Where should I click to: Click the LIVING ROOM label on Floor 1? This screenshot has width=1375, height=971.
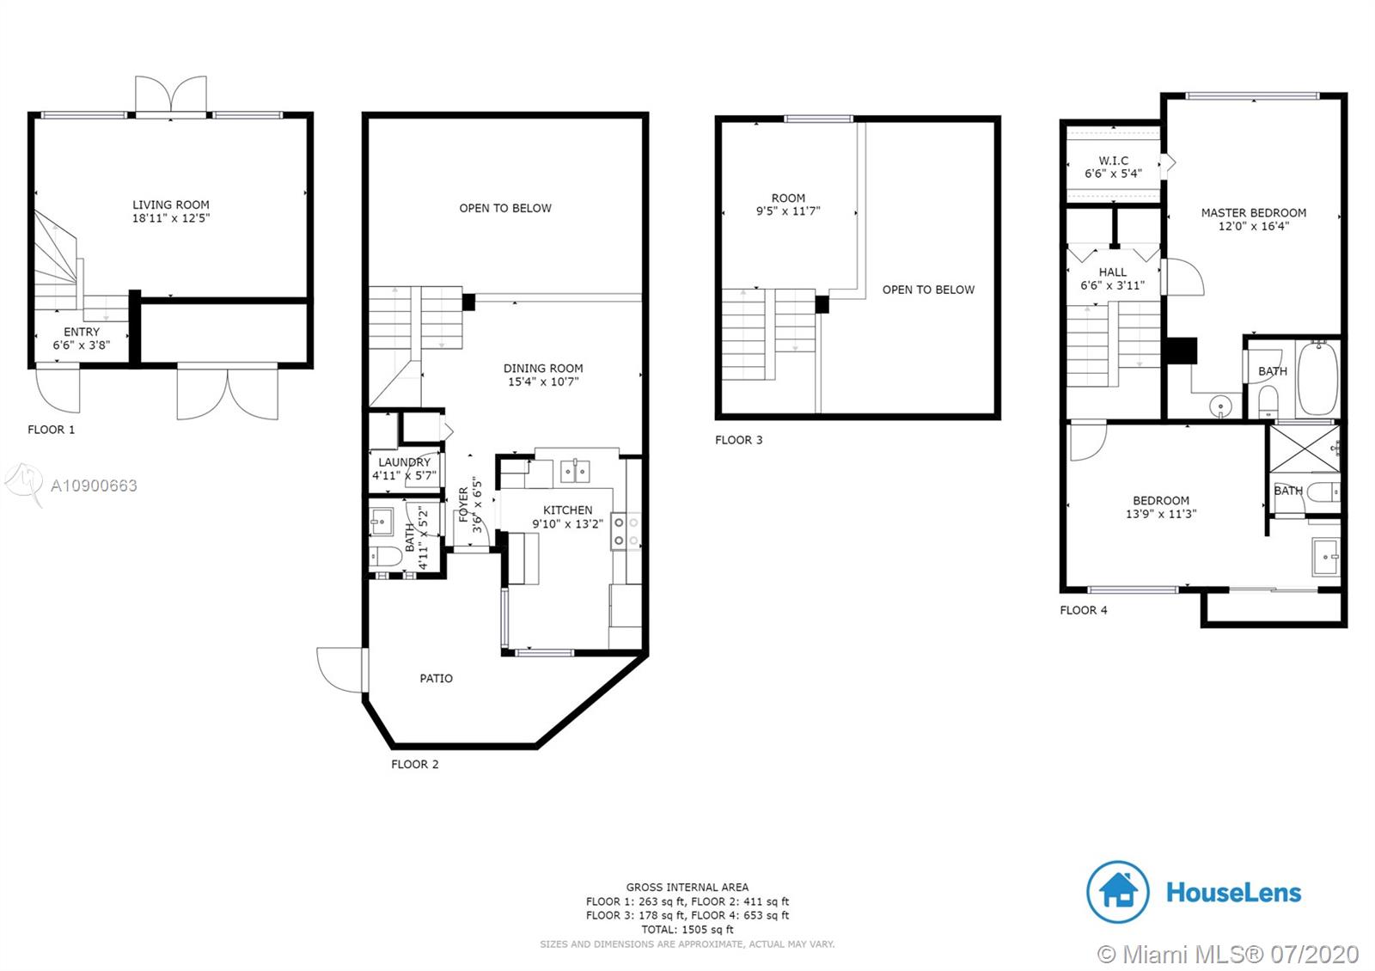[x=171, y=205]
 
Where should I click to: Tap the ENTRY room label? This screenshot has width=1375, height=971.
[x=82, y=332]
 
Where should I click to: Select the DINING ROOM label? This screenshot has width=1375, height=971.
[x=543, y=369]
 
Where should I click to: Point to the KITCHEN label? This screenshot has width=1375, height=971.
[x=568, y=510]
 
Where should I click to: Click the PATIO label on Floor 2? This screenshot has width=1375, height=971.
[x=437, y=678]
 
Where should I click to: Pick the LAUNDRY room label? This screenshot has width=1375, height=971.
[x=405, y=462]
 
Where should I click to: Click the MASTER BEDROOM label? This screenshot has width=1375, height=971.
[x=1254, y=213]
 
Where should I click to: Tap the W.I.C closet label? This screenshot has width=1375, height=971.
[x=1114, y=161]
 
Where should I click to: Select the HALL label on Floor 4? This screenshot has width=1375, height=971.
[x=1112, y=272]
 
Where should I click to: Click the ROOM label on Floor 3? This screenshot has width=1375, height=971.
[x=788, y=198]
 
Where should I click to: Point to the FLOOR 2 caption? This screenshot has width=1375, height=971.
[x=415, y=764]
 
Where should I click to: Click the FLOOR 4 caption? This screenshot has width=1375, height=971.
[x=1084, y=610]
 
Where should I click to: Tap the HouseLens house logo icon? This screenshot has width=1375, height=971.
[x=1117, y=892]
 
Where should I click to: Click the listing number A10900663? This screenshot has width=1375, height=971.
[x=94, y=486]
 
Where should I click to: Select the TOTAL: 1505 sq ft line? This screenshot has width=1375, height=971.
[x=687, y=929]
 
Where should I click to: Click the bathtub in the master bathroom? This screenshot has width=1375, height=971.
[x=1317, y=378]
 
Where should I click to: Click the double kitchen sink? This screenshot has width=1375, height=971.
[x=575, y=472]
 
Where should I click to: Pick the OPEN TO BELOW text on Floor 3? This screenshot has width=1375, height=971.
[x=928, y=290]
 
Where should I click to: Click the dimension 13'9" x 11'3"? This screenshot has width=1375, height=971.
[x=1161, y=515]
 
